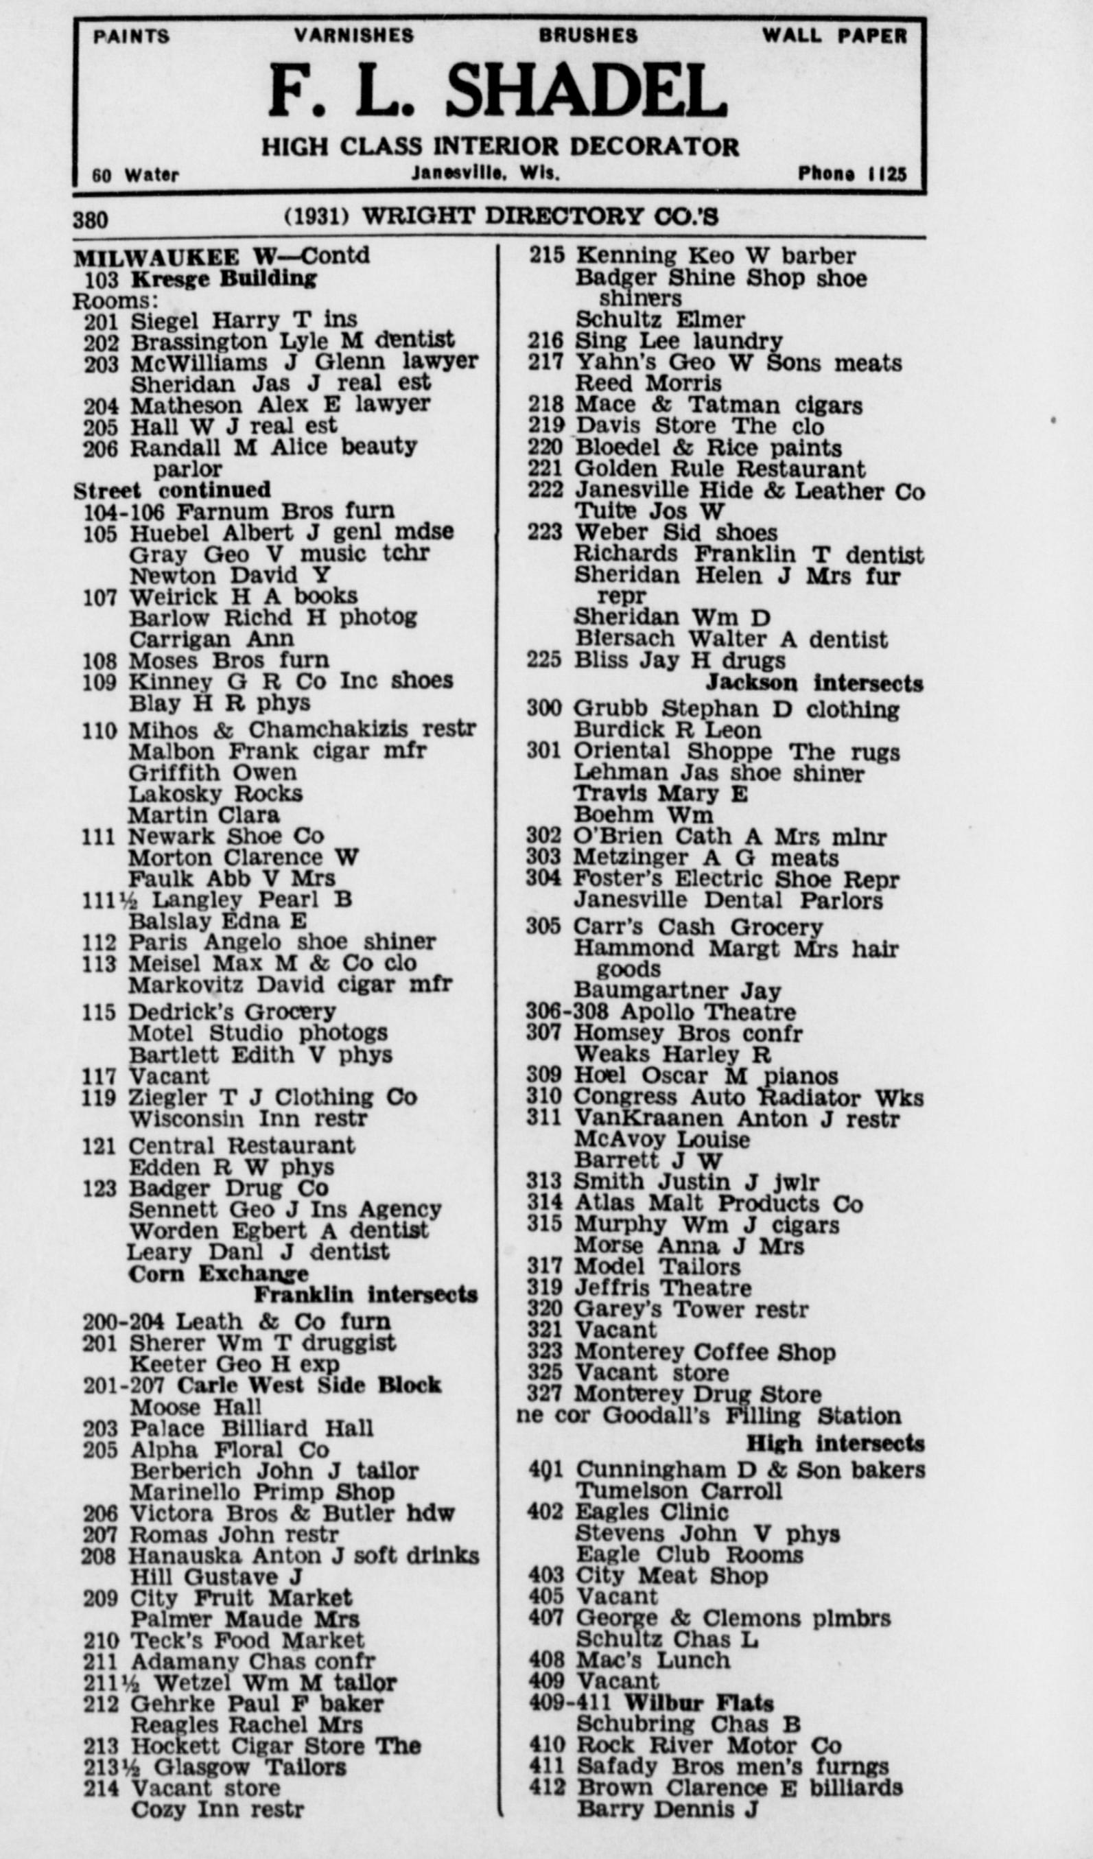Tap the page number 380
click(90, 220)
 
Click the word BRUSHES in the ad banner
click(587, 36)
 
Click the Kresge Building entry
click(223, 279)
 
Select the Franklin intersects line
click(365, 1294)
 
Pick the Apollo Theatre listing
click(707, 1012)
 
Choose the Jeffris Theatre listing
click(662, 1287)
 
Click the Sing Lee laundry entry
click(679, 341)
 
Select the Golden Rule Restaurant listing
click(719, 469)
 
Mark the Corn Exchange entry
click(218, 1273)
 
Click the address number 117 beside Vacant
click(99, 1077)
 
